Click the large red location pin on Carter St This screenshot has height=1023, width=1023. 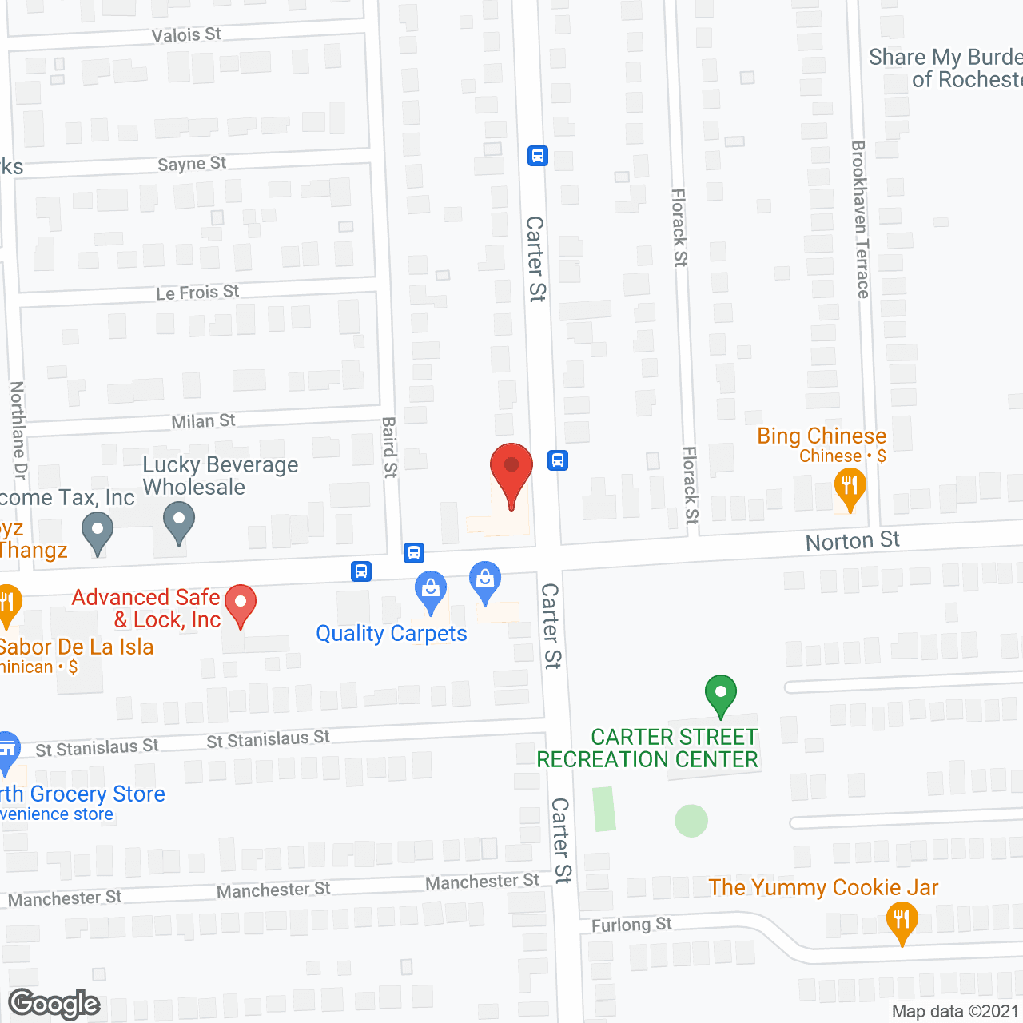(x=511, y=472)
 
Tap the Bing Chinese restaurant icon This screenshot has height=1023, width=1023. (x=850, y=487)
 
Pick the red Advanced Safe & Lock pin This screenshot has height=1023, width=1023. (x=240, y=604)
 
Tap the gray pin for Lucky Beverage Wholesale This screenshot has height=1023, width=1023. (x=179, y=520)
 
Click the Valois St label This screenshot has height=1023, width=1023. (x=186, y=34)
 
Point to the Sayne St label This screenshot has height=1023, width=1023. (x=192, y=164)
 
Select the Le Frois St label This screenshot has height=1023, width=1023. (x=197, y=293)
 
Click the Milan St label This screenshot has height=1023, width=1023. (x=204, y=420)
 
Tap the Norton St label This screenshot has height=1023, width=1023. (x=852, y=541)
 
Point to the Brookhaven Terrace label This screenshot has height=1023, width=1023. (x=860, y=220)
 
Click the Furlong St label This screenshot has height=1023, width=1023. (x=631, y=925)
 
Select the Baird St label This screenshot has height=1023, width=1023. (x=389, y=447)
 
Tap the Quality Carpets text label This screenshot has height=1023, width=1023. (x=392, y=634)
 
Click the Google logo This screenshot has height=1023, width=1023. (x=54, y=1004)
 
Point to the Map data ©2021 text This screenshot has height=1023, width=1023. (x=955, y=1011)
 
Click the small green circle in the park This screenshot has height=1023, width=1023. (x=691, y=821)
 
